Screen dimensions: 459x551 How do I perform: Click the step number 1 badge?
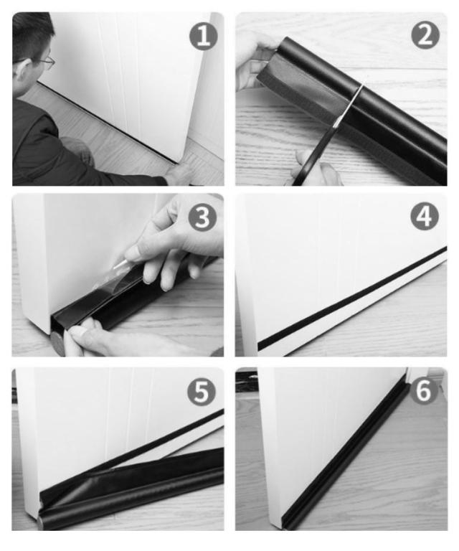coord(204,36)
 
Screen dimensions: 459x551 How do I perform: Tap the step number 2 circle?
coord(425,35)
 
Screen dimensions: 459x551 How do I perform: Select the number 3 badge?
coord(202,217)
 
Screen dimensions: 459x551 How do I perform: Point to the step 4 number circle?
coord(425,216)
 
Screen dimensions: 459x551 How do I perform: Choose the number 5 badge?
coord(202,392)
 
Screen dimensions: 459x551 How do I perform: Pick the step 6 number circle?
coord(424,390)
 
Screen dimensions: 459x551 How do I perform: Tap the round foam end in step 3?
coord(57,343)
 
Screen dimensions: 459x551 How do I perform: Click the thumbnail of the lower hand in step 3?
coord(79,331)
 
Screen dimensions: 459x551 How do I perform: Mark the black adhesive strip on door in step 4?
coord(352,298)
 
